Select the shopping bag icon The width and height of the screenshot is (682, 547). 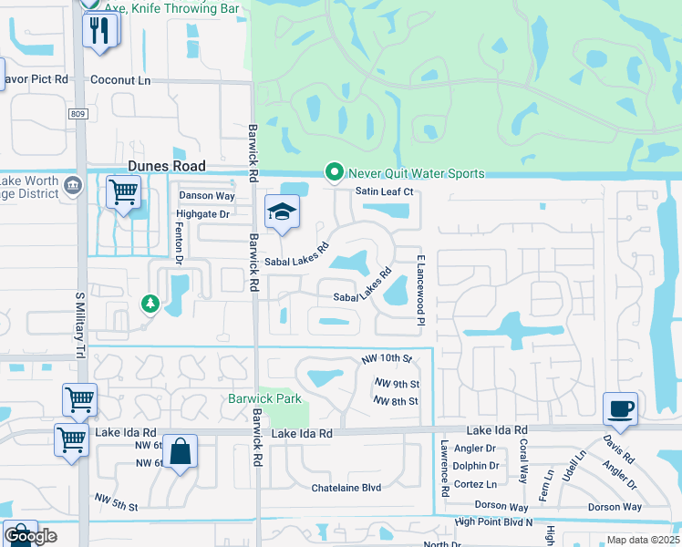click(181, 451)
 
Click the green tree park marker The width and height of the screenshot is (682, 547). click(148, 303)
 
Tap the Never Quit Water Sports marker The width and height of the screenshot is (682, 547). click(335, 172)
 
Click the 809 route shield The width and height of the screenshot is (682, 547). click(78, 113)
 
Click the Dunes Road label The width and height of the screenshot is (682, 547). click(167, 166)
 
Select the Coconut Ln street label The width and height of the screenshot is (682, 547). click(120, 79)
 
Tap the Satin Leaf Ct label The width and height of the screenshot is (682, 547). click(384, 191)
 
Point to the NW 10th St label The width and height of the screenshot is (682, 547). click(387, 359)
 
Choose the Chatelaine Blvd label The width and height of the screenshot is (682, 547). click(346, 488)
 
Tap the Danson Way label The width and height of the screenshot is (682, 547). click(207, 195)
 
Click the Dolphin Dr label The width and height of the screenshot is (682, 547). click(475, 466)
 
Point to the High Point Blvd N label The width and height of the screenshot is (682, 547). click(493, 522)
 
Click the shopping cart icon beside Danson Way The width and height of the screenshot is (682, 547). click(123, 192)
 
